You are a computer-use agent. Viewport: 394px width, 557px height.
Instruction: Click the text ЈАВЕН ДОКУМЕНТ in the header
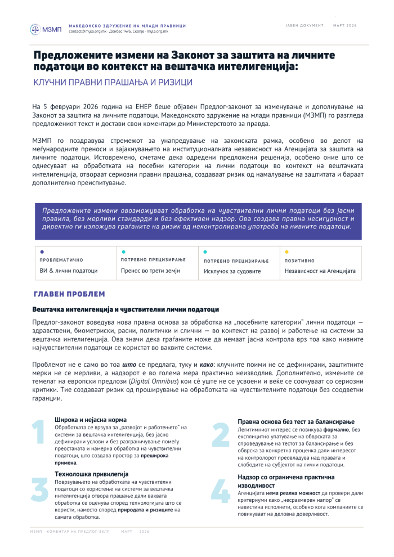coord(305,26)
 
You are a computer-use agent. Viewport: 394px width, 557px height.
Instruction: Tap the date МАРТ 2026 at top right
coord(345,26)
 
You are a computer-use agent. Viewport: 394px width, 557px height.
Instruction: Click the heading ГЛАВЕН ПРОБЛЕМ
coord(69,294)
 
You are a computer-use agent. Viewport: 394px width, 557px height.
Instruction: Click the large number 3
coord(39,489)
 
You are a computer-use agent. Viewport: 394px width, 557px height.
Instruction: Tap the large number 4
coord(220,491)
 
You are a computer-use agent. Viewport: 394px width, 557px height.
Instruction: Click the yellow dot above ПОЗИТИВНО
coord(286,251)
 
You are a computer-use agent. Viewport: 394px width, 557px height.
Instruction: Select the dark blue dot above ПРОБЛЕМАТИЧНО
coord(42,251)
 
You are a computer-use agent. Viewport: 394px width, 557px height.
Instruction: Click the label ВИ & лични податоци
coord(69,271)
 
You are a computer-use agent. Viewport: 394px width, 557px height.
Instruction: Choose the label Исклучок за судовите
coord(232,271)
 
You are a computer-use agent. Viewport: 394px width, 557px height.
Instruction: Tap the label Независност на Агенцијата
coord(320,271)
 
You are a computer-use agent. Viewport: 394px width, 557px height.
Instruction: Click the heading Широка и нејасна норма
coord(91,420)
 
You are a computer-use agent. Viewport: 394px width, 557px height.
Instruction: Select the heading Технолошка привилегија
coord(92,474)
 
